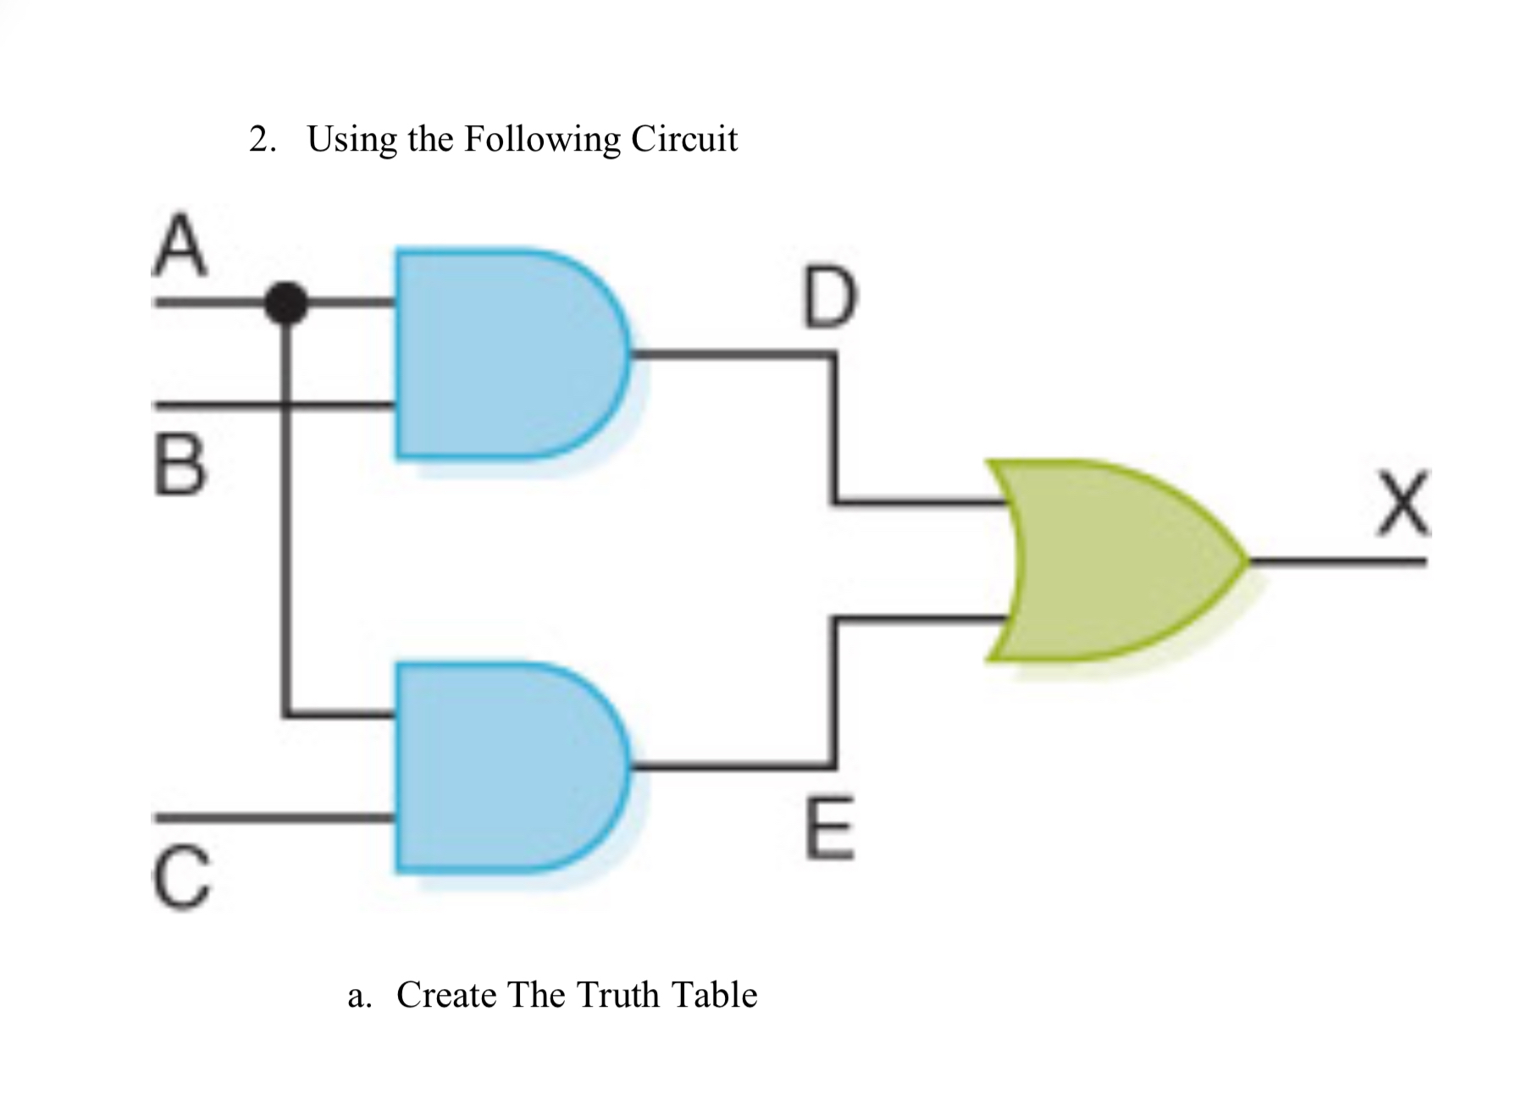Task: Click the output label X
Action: coord(1403,506)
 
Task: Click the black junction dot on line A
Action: coord(285,302)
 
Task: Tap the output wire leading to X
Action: coord(1338,561)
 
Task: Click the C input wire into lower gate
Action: coord(271,818)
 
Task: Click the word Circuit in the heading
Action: coord(683,139)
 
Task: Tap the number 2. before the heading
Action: coord(262,140)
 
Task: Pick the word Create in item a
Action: coord(446,994)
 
